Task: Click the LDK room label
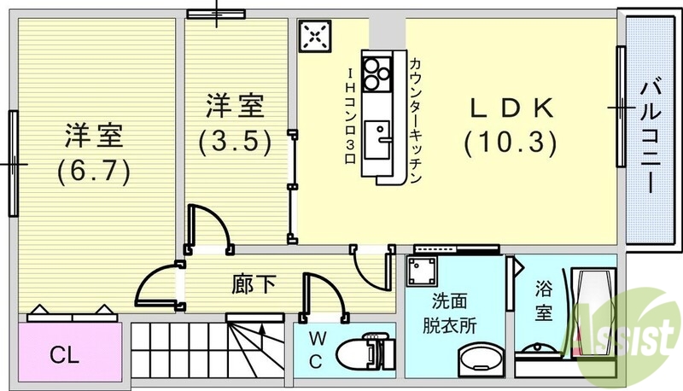[x=511, y=108]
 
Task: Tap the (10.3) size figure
[x=511, y=141]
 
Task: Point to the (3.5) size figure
[x=235, y=140]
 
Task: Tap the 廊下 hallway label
[x=254, y=284]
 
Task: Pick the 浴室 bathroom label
[x=543, y=301]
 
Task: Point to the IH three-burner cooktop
[x=375, y=75]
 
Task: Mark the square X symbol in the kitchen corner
[x=314, y=36]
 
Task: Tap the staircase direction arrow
[x=261, y=326]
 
